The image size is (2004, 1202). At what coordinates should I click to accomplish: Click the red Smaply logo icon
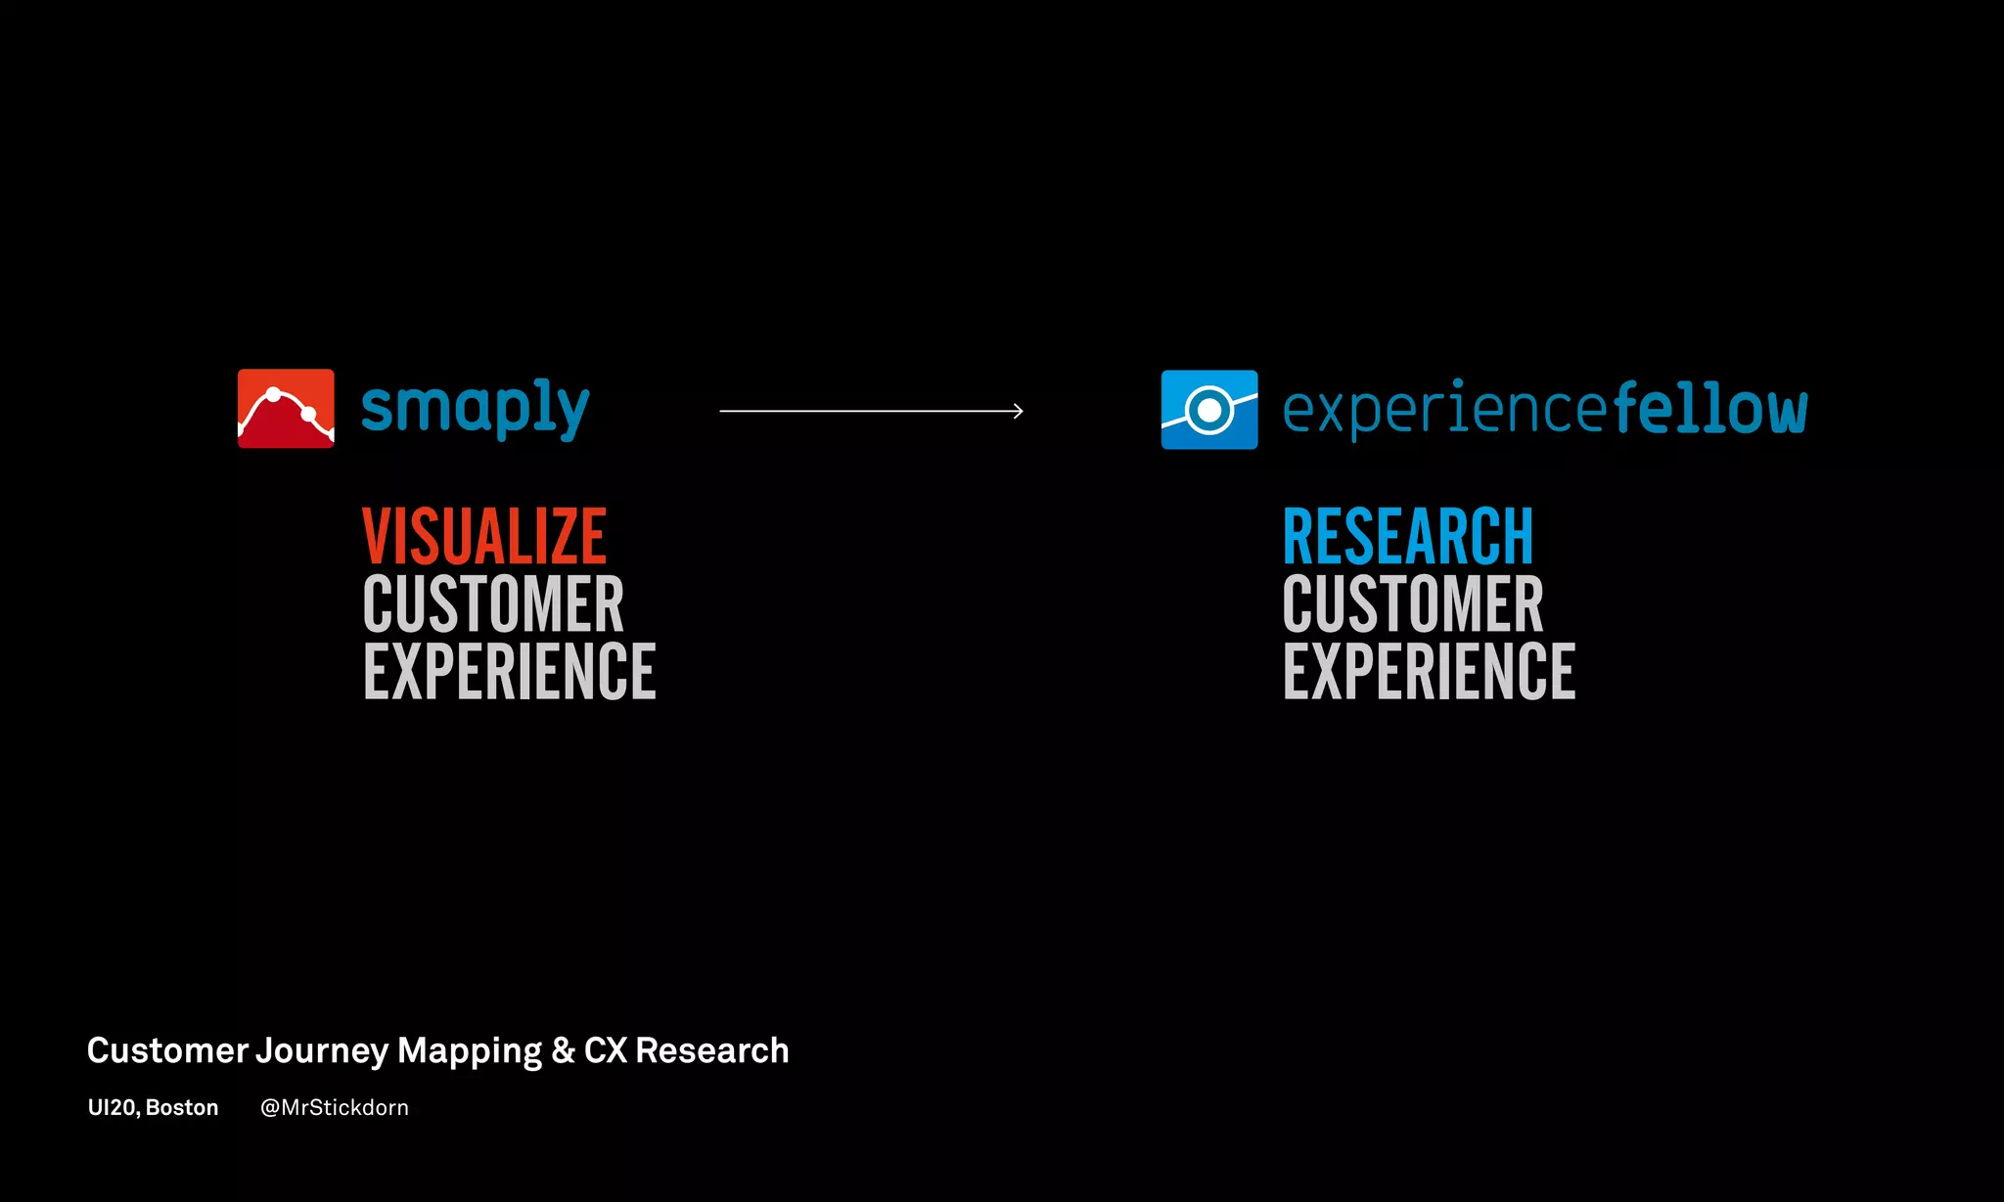[x=286, y=409]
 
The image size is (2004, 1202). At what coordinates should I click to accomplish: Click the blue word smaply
[x=476, y=409]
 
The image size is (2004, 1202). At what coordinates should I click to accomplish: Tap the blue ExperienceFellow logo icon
[x=1209, y=410]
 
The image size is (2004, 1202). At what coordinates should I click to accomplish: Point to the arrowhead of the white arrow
[x=1019, y=412]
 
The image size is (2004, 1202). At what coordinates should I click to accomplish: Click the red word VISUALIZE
[x=484, y=537]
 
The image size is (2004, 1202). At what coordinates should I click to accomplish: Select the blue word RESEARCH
[x=1408, y=537]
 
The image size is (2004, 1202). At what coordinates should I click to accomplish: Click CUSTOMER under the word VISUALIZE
[x=493, y=604]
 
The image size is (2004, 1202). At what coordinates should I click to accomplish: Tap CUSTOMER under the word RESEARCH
[x=1413, y=604]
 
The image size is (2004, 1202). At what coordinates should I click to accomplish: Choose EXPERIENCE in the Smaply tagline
[x=510, y=672]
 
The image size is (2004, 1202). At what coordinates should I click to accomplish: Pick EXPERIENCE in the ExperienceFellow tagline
[x=1430, y=672]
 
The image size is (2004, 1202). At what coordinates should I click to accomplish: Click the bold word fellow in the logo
[x=1709, y=409]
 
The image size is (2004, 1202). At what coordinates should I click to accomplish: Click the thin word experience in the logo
[x=1445, y=411]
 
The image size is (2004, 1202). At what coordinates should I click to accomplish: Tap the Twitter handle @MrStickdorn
[x=335, y=1108]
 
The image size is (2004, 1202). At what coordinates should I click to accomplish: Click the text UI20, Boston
[x=153, y=1108]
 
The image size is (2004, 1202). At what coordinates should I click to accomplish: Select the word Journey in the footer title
[x=323, y=1051]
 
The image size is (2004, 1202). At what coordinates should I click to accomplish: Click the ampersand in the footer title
[x=563, y=1051]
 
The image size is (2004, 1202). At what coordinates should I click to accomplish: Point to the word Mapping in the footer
[x=470, y=1051]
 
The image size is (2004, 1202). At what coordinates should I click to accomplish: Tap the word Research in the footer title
[x=712, y=1051]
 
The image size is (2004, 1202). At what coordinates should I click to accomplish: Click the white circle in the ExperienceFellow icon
[x=1209, y=410]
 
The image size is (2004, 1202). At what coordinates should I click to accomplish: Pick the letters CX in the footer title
[x=606, y=1051]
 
